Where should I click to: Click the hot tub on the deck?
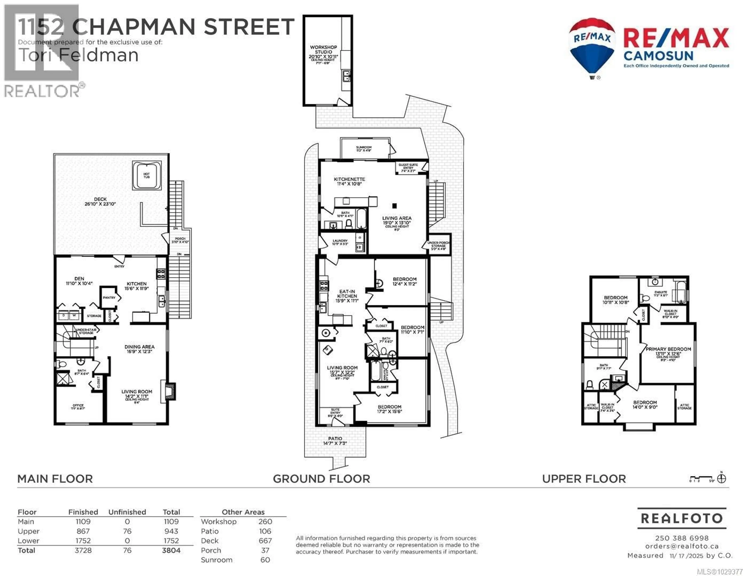146,175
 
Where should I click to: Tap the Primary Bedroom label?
668,349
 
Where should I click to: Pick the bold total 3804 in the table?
171,550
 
